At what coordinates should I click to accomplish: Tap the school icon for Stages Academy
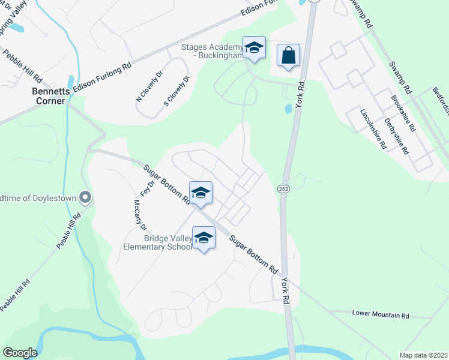(254, 48)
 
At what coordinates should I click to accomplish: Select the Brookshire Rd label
(403, 113)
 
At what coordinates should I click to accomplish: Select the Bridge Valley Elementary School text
(158, 242)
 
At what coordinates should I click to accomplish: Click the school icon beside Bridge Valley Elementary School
(203, 238)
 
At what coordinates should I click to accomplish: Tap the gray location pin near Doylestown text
(85, 197)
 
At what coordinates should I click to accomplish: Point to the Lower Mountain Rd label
(380, 314)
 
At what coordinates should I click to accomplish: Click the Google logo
(20, 353)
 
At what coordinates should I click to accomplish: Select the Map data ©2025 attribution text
(423, 355)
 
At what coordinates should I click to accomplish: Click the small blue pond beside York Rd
(288, 109)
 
